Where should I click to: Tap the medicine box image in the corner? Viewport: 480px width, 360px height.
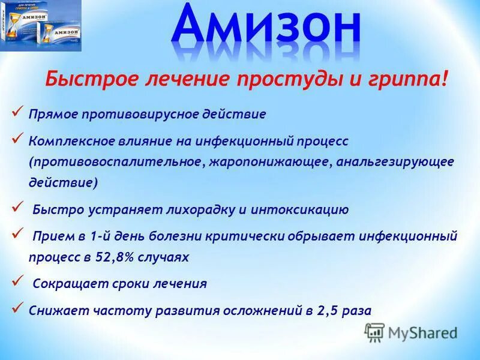pos(40,26)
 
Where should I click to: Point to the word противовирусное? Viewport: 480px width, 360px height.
pos(148,113)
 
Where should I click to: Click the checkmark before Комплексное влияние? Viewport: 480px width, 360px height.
pos(17,139)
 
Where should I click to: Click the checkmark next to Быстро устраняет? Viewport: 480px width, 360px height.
pos(17,207)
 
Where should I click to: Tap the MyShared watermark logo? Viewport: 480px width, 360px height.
pos(411,332)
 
